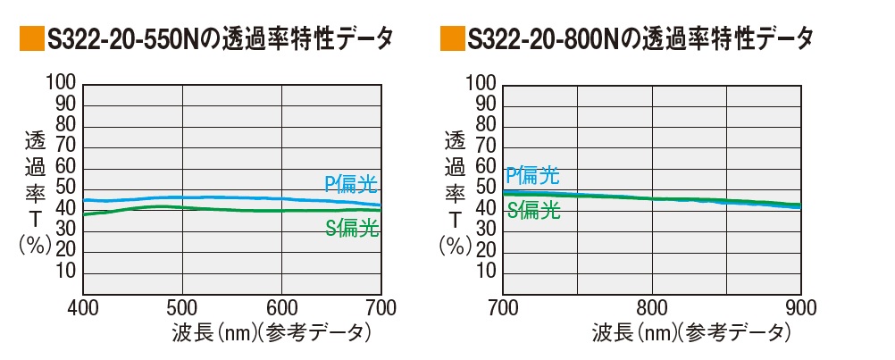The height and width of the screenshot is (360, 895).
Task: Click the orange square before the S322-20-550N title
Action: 31,39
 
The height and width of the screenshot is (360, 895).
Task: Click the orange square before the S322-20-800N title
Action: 452,39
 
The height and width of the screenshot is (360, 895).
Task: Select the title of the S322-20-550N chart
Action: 219,39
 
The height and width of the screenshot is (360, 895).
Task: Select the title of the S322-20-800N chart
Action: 640,39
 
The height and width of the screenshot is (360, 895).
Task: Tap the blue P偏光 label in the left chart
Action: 351,185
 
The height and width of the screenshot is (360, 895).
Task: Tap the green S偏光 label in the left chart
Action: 351,229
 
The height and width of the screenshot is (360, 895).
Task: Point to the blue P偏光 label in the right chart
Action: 533,174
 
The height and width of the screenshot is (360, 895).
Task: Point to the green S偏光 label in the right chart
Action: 534,211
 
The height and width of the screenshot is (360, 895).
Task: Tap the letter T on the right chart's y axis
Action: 456,219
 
